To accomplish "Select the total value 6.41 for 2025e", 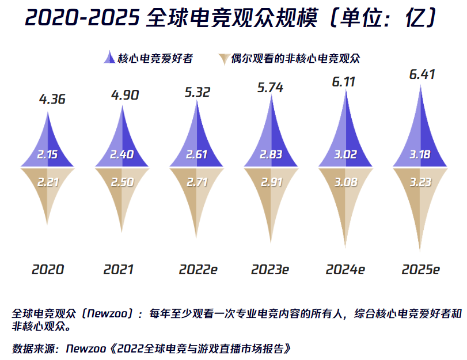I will (422, 74).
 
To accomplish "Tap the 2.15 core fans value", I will (48, 156).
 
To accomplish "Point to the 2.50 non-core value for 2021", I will (122, 183).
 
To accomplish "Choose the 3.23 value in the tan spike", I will (420, 183).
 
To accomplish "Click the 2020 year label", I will (48, 270).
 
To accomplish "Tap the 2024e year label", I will (345, 270).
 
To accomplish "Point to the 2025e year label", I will (420, 270).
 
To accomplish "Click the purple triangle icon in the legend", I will (108, 58).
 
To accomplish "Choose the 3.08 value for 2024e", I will (346, 183).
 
